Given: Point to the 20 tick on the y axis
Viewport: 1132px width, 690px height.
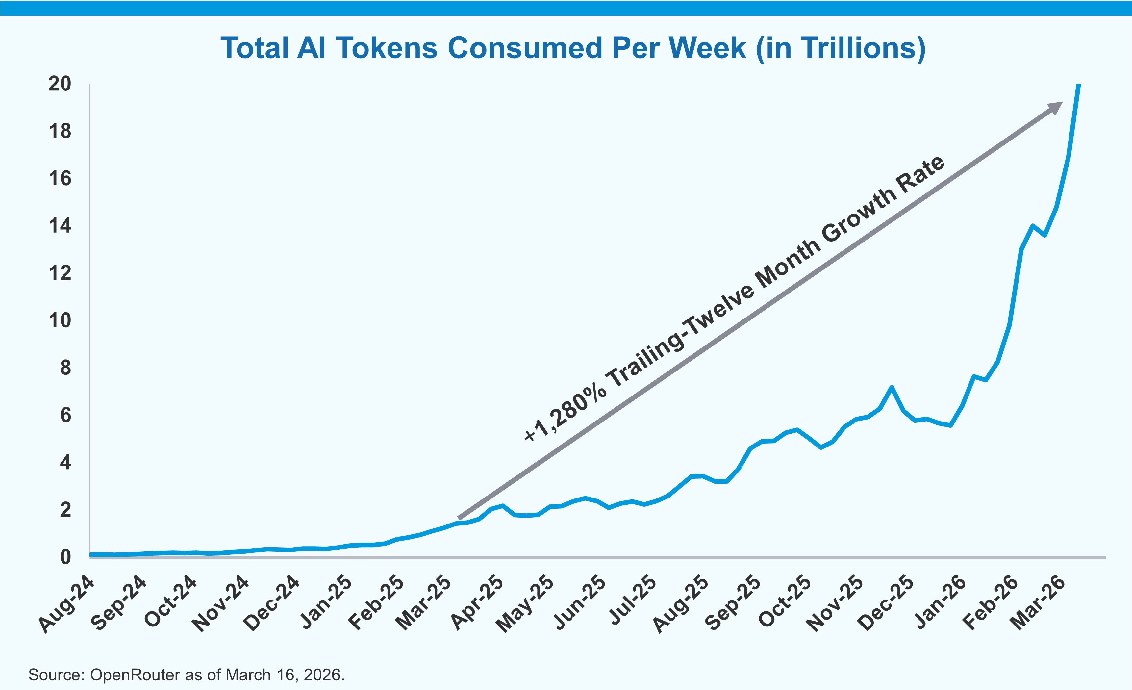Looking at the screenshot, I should tap(60, 84).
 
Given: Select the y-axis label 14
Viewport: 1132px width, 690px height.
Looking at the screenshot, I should tap(60, 226).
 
